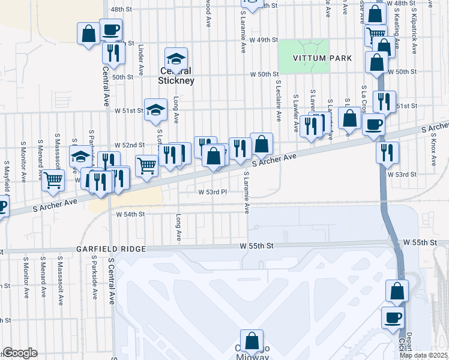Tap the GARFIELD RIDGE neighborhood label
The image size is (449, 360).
click(111, 249)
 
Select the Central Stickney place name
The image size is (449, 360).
click(176, 76)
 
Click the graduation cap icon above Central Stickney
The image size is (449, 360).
click(176, 59)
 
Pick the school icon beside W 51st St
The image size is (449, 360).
click(155, 110)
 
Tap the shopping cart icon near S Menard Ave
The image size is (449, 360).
click(53, 179)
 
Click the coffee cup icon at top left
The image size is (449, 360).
click(110, 29)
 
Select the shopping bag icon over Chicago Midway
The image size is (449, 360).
click(252, 341)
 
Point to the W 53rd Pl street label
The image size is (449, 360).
click(212, 192)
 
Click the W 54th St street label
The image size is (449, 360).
click(130, 214)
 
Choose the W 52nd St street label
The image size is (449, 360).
click(130, 145)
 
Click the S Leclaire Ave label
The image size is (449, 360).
click(278, 99)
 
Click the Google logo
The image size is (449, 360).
click(20, 353)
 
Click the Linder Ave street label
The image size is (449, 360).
click(141, 55)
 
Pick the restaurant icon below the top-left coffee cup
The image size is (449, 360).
click(112, 53)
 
